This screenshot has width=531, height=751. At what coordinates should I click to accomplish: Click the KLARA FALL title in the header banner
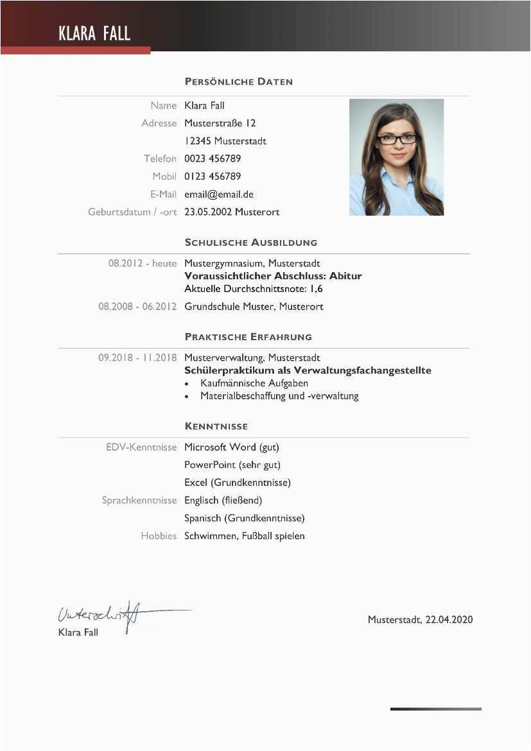[94, 33]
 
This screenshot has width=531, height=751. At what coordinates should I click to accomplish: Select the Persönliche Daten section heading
[238, 82]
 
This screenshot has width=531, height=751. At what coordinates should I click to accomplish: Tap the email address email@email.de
[219, 194]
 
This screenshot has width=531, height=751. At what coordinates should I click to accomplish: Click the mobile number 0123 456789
[213, 176]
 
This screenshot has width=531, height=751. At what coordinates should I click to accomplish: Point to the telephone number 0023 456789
[213, 159]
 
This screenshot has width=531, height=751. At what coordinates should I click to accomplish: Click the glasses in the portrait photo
[396, 139]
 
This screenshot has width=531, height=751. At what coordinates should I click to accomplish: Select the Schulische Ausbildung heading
[250, 243]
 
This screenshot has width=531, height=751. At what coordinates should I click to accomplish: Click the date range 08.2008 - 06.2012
[137, 306]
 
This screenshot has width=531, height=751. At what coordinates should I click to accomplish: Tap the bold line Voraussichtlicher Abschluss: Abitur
[273, 276]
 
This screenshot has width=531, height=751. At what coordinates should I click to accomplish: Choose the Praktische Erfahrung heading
[248, 336]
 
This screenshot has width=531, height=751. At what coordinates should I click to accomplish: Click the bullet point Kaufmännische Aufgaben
[254, 383]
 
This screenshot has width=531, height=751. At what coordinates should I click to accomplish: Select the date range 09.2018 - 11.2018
[137, 358]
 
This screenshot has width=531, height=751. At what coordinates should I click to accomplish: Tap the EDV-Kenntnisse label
[141, 447]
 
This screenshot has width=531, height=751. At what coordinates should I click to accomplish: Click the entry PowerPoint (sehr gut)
[232, 465]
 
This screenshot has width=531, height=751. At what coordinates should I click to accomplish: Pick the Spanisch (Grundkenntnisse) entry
[244, 518]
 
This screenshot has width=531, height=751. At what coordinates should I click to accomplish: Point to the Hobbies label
[159, 535]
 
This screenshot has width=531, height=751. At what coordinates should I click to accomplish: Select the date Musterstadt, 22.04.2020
[420, 619]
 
